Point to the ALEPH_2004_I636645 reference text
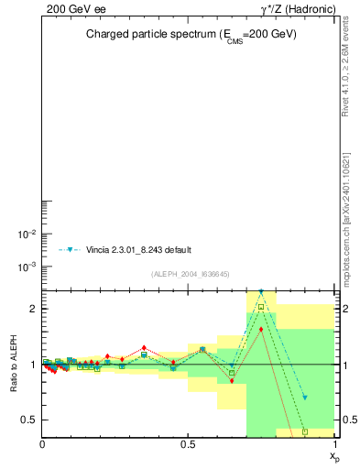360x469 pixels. [190, 274]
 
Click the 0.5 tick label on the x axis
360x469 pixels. [188, 444]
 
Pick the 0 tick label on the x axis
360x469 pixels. [42, 444]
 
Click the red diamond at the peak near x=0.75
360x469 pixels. [261, 329]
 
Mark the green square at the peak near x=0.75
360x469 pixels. [261, 307]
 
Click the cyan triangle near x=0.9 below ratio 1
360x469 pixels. [305, 398]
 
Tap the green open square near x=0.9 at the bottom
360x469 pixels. [305, 431]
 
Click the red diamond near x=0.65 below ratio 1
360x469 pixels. [232, 380]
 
